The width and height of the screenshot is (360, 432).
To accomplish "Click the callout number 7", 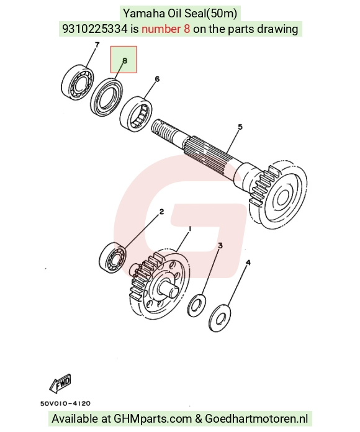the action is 97,44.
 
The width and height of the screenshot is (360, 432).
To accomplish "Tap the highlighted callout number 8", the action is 125,61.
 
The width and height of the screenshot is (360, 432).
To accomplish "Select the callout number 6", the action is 157,79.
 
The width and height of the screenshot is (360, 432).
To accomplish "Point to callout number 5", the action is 240,127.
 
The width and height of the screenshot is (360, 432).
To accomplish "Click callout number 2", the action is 161,212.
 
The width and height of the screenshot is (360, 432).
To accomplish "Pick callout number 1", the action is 189,228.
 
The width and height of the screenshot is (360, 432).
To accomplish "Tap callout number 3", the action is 220,245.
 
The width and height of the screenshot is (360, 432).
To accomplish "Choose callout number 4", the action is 248,263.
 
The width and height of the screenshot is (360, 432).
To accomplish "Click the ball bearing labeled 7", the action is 77,82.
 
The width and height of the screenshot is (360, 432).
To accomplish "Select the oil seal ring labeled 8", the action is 107,97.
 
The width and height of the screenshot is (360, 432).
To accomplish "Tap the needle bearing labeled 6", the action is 137,112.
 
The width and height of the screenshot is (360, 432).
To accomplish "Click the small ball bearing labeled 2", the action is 112,258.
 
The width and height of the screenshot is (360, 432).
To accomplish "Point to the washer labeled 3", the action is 197,305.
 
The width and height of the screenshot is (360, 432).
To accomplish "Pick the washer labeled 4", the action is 220,318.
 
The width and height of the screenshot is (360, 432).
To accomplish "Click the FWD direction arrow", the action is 61,383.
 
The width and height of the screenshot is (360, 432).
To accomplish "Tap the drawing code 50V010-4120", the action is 65,403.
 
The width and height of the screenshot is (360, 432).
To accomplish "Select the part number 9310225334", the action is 95,29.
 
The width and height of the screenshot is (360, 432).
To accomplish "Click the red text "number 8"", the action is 166,29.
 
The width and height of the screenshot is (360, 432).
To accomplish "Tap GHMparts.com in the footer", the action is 153,419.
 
